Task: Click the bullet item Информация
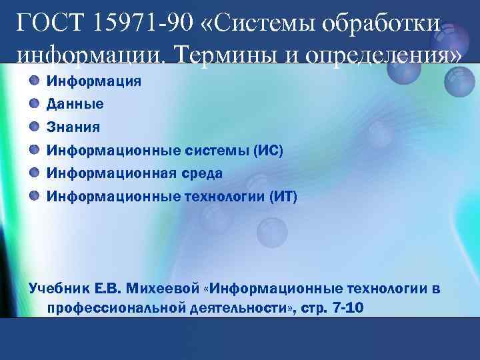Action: (x=93, y=81)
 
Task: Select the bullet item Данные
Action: (x=75, y=104)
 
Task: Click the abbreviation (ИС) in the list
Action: (x=268, y=150)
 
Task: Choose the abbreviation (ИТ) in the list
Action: (x=282, y=197)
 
